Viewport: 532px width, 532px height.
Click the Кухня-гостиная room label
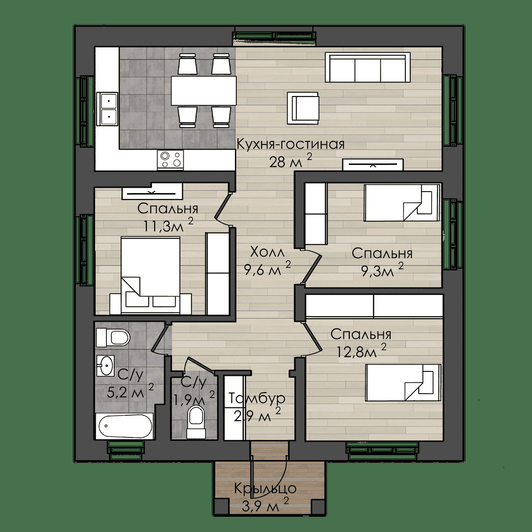pyautogui.click(x=291, y=144)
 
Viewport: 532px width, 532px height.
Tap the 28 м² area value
pyautogui.click(x=291, y=161)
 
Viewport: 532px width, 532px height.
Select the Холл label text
pyautogui.click(x=266, y=252)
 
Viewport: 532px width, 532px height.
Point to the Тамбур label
pyautogui.click(x=257, y=398)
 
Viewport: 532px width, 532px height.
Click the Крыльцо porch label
pyautogui.click(x=266, y=489)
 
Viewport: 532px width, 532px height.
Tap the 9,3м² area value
pyautogui.click(x=382, y=270)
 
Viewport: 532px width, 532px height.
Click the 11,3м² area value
pyautogui.click(x=168, y=225)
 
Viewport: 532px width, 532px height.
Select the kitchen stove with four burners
pyautogui.click(x=170, y=160)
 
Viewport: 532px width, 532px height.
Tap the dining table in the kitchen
pyautogui.click(x=203, y=91)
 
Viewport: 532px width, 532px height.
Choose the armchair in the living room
pyautogui.click(x=303, y=108)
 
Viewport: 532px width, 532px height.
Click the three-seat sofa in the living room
pyautogui.click(x=368, y=67)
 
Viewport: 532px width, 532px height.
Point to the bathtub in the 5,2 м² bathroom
pyautogui.click(x=125, y=426)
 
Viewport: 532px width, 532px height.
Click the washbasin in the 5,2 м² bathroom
pyautogui.click(x=105, y=366)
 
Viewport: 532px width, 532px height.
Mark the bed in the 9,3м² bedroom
pyautogui.click(x=402, y=202)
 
